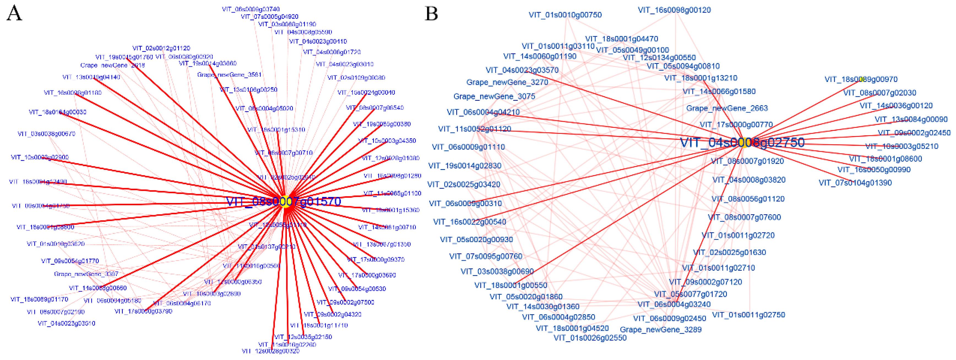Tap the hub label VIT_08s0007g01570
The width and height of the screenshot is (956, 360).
coord(284,202)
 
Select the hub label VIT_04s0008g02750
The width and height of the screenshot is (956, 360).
coord(742,142)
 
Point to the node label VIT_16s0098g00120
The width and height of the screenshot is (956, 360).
coord(674,10)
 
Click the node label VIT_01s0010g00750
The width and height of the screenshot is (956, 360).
coord(565,15)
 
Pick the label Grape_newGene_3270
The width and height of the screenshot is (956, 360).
coord(507,82)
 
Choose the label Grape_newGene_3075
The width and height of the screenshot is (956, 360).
coord(494,96)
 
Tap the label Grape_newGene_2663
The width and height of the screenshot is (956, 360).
coord(727,108)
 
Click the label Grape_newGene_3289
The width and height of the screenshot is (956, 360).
coord(661,330)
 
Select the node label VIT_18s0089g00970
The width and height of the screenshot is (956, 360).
coord(861,79)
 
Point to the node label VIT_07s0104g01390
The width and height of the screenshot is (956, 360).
coord(855,183)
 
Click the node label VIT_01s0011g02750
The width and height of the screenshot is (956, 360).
coord(749,315)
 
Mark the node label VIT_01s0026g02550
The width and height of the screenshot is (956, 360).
coord(590,338)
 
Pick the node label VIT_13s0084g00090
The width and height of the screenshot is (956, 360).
coord(911,119)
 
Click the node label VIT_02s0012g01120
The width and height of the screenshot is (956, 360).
coord(161,48)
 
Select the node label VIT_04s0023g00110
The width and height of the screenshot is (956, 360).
coord(318,41)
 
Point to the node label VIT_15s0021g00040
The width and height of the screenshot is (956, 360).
coord(366,93)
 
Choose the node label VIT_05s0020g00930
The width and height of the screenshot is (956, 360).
coord(477,239)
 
